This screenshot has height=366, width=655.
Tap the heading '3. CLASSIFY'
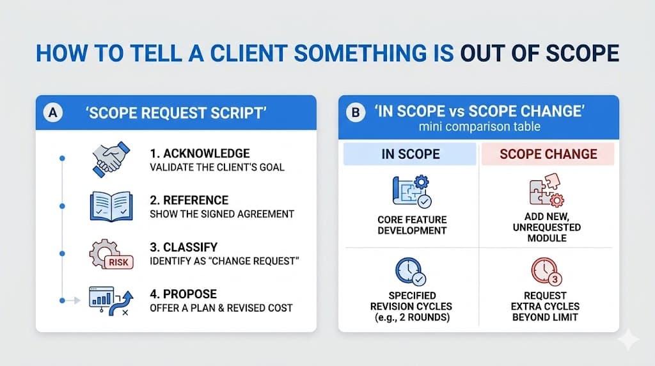(184, 247)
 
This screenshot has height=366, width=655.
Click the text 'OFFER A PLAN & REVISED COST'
(221, 308)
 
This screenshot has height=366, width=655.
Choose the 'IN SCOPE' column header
(410, 154)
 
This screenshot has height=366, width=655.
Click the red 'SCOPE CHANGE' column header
(548, 154)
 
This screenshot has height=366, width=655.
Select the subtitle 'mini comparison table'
(479, 127)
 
